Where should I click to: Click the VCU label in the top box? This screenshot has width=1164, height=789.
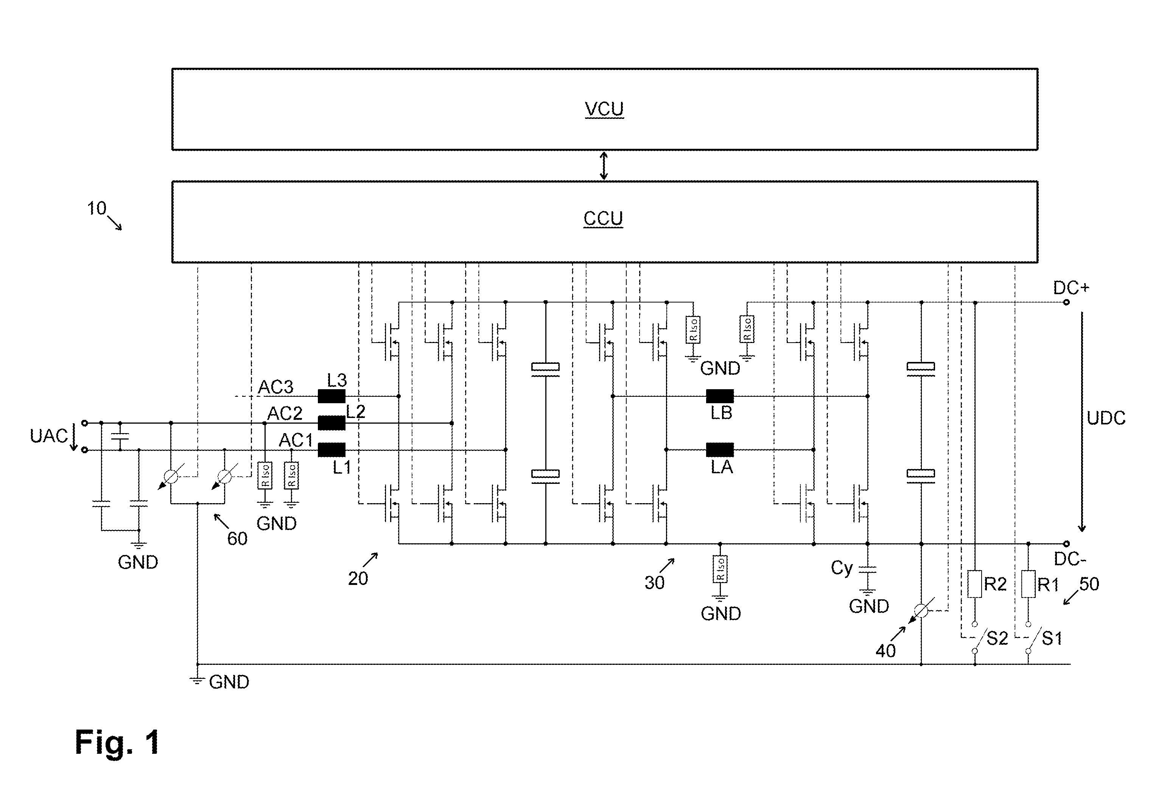[604, 109]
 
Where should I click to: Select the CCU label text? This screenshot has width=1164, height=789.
[603, 219]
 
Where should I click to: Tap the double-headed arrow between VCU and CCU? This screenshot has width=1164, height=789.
[604, 166]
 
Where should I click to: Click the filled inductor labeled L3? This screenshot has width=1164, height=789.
[331, 396]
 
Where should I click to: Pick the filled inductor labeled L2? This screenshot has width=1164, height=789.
[331, 423]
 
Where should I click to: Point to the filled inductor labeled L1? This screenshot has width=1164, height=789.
[331, 450]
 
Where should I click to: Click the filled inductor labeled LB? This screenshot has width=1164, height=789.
[720, 396]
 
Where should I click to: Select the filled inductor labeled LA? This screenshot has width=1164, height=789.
[720, 450]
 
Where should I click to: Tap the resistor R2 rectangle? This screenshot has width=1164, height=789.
[975, 583]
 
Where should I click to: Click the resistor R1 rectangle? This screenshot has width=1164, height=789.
[1028, 583]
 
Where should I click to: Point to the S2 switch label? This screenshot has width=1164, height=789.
[997, 638]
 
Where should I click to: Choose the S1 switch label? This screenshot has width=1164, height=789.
[1052, 638]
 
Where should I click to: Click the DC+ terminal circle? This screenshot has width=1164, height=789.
[1066, 302]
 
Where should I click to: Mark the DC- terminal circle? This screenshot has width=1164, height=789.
[1066, 544]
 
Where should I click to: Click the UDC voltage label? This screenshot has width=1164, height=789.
[1106, 418]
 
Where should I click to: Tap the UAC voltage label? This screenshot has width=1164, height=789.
[48, 436]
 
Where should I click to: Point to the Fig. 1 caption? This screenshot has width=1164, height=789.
[117, 742]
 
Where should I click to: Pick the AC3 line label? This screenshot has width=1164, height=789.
[275, 387]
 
